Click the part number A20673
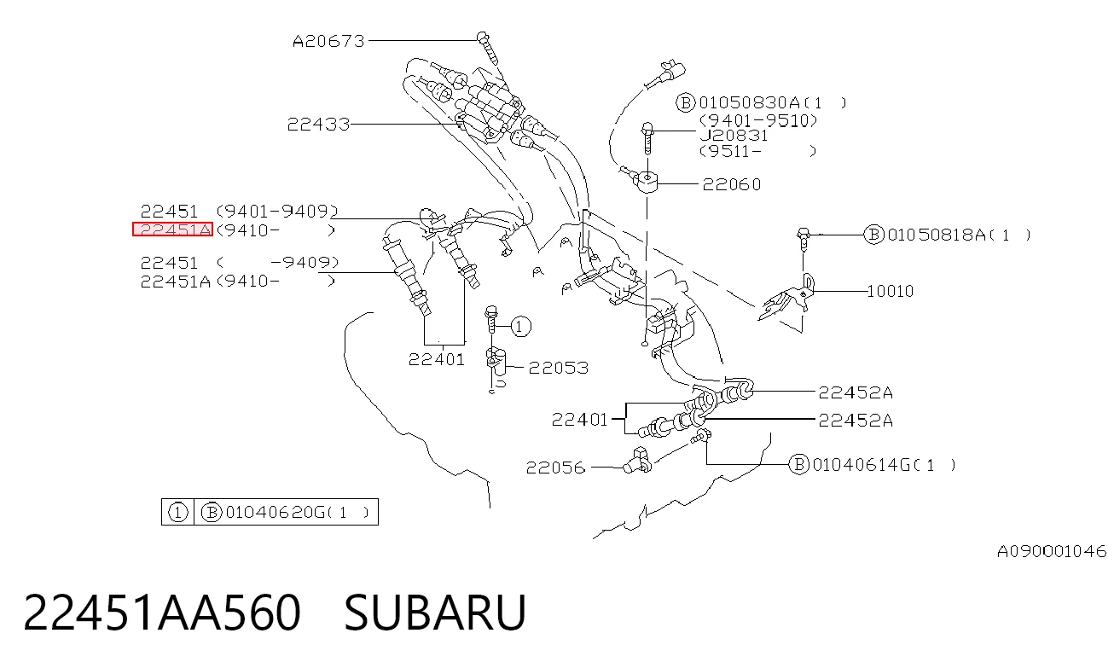(328, 41)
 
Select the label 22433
(318, 124)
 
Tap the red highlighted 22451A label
(172, 229)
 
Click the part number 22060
(732, 184)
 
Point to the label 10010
(891, 291)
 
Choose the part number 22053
(559, 368)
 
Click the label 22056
(555, 468)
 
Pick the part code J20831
(734, 136)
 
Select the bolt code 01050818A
(936, 235)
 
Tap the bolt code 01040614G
(862, 465)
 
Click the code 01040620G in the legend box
(275, 512)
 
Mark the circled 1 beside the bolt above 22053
(520, 326)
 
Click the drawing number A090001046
(1052, 551)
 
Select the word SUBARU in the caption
(435, 612)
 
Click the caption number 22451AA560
(162, 612)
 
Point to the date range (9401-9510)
(758, 120)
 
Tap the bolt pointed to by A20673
(487, 49)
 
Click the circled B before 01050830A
(685, 102)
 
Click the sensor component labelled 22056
(637, 461)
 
